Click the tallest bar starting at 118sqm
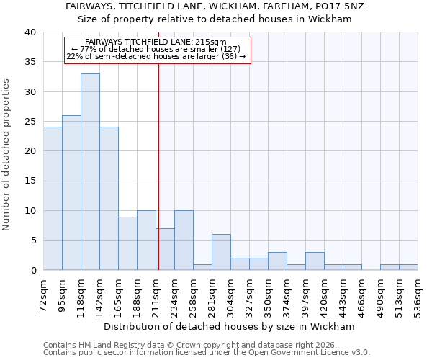point(90,172)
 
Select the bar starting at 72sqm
point(53,199)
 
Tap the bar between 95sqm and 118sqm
point(71,193)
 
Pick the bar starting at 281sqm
point(221,252)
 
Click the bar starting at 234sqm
point(184,240)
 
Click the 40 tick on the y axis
point(32,32)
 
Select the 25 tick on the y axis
point(32,122)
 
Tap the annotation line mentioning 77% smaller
point(156,49)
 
